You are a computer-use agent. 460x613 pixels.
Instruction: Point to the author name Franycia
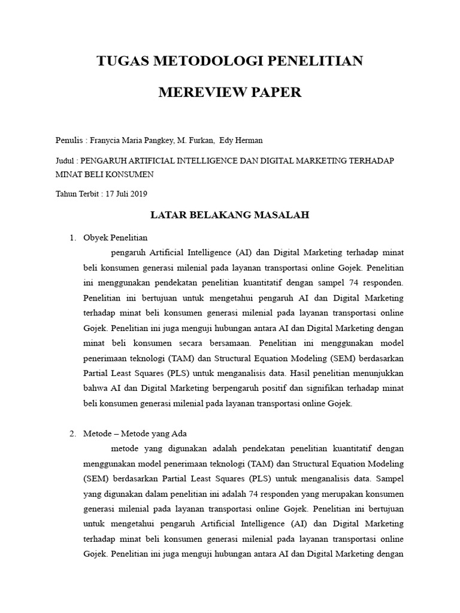click(106, 141)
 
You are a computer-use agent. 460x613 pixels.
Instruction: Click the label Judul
click(65, 161)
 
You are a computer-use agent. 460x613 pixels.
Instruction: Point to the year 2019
click(137, 194)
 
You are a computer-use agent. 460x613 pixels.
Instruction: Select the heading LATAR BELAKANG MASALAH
click(229, 215)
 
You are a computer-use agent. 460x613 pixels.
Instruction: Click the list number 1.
click(72, 238)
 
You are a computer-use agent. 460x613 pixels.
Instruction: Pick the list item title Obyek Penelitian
click(116, 238)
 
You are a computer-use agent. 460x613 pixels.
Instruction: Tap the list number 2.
click(72, 433)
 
